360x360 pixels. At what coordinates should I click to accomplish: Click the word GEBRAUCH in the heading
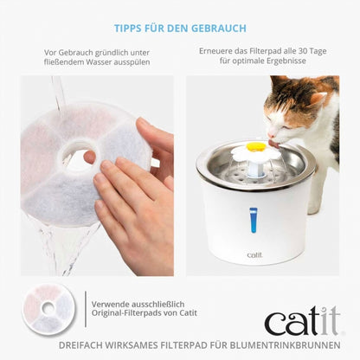pyautogui.click(x=222, y=28)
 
